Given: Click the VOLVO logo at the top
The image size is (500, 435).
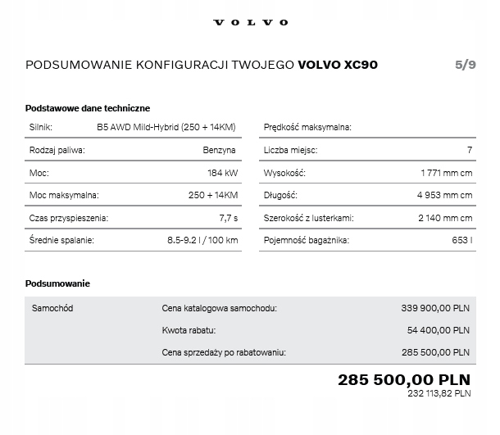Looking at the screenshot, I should [x=250, y=22].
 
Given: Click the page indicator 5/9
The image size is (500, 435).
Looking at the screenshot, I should [x=465, y=65].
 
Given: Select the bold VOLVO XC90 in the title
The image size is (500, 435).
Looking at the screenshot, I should [x=338, y=65].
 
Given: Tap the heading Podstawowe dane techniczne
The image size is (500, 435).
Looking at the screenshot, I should [x=88, y=108].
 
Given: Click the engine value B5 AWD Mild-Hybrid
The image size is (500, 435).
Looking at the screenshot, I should [x=166, y=127].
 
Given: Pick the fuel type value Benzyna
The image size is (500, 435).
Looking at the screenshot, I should [x=220, y=150].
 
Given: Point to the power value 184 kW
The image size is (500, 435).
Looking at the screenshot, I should [x=222, y=173].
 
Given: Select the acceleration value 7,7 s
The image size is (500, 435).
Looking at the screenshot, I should [x=229, y=218].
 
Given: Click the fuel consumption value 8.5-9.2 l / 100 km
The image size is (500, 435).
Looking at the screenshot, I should [x=202, y=240].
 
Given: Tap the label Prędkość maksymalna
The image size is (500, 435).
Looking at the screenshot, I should [x=307, y=127].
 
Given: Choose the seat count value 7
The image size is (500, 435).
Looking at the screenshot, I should [x=469, y=150].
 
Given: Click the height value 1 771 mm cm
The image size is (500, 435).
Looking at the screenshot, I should [x=446, y=173].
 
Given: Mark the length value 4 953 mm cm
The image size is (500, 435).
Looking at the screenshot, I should [x=444, y=195].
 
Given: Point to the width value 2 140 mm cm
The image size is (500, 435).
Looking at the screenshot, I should [x=445, y=218].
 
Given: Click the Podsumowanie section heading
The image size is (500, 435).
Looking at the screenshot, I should [x=58, y=283].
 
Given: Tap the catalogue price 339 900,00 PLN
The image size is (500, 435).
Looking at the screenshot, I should [x=435, y=308].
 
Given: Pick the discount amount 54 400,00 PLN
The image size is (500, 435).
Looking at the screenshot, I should [x=439, y=330].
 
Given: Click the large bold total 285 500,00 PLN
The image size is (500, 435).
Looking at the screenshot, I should [x=404, y=379].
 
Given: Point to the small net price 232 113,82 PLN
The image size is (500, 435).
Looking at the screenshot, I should [x=439, y=393].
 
